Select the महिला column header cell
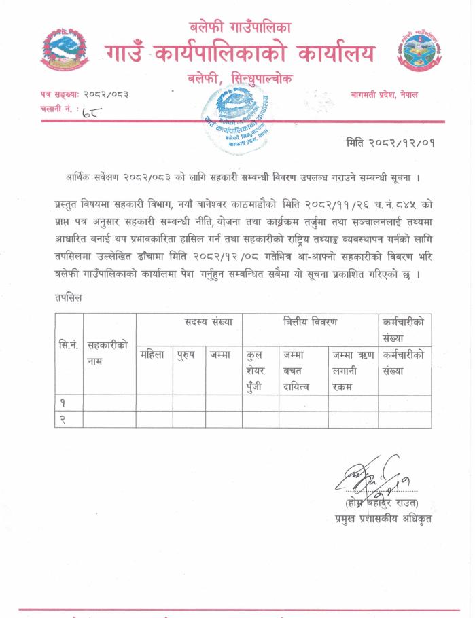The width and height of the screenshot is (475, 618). tap(152, 354)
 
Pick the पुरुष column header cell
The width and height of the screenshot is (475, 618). tap(187, 354)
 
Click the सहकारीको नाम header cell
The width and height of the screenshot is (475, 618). tap(108, 353)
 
